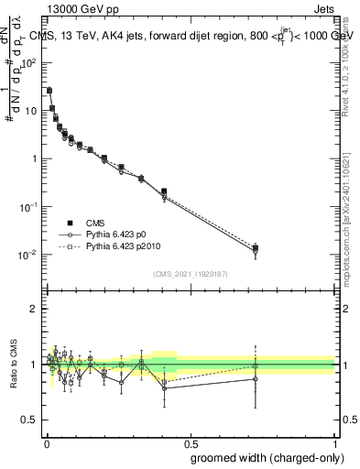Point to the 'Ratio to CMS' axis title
pos(14,363)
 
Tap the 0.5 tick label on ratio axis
pos(29,420)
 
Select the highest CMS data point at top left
pos(49,91)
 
